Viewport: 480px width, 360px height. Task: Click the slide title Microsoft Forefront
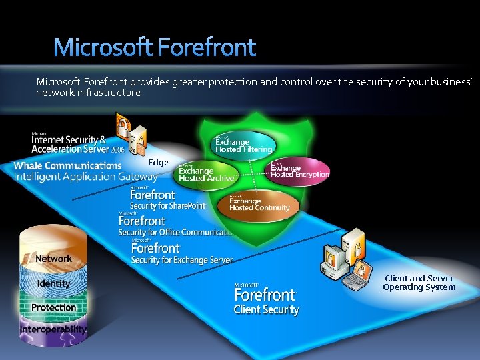point(154,47)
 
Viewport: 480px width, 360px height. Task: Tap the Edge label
point(158,163)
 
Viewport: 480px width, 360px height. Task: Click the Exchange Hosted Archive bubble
point(206,173)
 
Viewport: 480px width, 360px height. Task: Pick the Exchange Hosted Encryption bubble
point(299,170)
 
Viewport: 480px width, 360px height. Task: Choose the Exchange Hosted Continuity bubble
point(259,203)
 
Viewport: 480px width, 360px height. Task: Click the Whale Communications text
point(67,165)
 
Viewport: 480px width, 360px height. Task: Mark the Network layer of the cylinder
point(53,258)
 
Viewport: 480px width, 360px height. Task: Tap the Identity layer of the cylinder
point(53,283)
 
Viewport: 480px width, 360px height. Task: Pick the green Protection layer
point(53,307)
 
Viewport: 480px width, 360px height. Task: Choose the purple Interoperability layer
point(53,330)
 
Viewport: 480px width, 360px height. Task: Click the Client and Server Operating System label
point(419,283)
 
